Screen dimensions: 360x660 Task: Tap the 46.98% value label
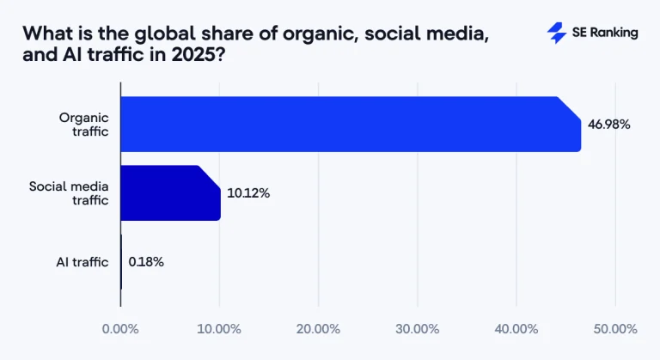click(609, 125)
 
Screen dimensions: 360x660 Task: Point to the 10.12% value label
click(248, 193)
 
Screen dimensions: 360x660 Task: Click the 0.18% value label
click(146, 262)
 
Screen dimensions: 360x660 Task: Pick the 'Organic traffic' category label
click(84, 125)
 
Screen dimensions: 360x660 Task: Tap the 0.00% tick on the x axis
click(120, 329)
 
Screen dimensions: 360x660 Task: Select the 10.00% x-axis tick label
click(219, 329)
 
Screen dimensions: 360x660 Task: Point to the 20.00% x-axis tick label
click(318, 329)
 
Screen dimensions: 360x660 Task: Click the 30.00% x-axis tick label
click(417, 329)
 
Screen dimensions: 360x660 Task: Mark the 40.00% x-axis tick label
click(516, 329)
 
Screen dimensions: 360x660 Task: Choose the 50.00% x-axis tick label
click(614, 329)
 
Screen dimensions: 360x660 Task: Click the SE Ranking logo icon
click(557, 33)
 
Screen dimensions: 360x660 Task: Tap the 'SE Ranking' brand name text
click(605, 33)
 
